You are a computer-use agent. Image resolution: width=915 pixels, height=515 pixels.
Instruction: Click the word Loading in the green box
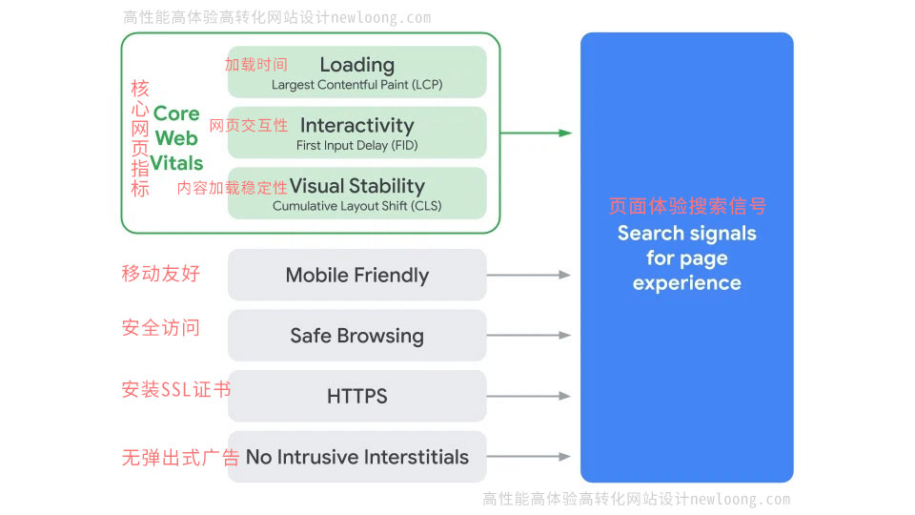pyautogui.click(x=356, y=65)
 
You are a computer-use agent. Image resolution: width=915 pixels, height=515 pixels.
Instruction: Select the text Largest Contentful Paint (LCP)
pyautogui.click(x=356, y=85)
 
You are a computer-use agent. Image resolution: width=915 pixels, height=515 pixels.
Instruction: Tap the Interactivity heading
pyautogui.click(x=356, y=125)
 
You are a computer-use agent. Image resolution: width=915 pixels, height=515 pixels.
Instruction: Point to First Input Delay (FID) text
pyautogui.click(x=356, y=146)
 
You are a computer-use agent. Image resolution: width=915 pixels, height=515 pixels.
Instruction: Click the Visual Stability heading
pyautogui.click(x=356, y=186)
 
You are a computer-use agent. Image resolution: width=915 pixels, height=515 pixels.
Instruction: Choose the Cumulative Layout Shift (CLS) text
pyautogui.click(x=356, y=206)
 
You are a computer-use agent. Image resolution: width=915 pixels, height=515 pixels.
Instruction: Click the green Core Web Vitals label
pyautogui.click(x=176, y=138)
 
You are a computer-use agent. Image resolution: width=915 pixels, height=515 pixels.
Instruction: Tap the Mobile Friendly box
pyautogui.click(x=356, y=276)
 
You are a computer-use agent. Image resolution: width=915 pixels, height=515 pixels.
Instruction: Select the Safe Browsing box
pyautogui.click(x=356, y=336)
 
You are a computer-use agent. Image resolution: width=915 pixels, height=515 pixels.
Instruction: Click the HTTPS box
pyautogui.click(x=356, y=397)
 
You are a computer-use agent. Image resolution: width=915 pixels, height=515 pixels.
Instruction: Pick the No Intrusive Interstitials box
pyautogui.click(x=356, y=457)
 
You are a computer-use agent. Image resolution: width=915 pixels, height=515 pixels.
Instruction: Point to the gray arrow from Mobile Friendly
pyautogui.click(x=529, y=275)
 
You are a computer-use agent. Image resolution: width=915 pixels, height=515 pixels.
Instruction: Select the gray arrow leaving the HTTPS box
pyautogui.click(x=529, y=396)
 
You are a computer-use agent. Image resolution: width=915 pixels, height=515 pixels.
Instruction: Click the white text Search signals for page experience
pyautogui.click(x=686, y=258)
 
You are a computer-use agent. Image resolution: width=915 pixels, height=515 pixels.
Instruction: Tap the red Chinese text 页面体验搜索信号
pyautogui.click(x=686, y=206)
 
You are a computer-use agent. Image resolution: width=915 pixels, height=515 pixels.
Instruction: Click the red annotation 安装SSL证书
pyautogui.click(x=175, y=389)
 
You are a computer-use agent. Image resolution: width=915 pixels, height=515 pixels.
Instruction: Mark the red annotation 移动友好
pyautogui.click(x=160, y=274)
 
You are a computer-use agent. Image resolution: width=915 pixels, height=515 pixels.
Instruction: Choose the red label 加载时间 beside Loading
pyautogui.click(x=255, y=65)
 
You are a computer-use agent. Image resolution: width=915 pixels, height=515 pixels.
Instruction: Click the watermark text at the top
pyautogui.click(x=276, y=17)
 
